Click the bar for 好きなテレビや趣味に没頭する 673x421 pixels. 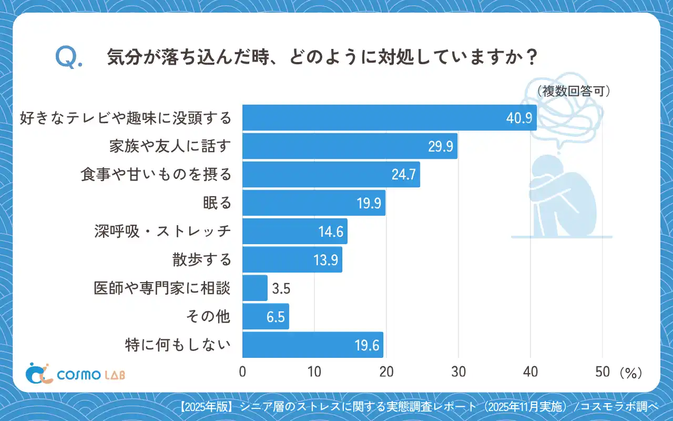[389, 117]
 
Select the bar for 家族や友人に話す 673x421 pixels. [350, 146]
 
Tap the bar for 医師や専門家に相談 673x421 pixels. [255, 288]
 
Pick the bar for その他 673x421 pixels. [266, 316]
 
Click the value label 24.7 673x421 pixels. [403, 175]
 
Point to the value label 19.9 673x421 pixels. [369, 203]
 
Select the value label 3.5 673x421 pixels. [282, 288]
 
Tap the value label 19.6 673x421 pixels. [366, 345]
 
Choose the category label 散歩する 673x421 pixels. [202, 260]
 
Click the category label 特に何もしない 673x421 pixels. [178, 345]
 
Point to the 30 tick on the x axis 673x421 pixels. [458, 372]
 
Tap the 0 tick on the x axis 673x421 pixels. [243, 372]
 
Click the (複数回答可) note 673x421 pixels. [574, 91]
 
